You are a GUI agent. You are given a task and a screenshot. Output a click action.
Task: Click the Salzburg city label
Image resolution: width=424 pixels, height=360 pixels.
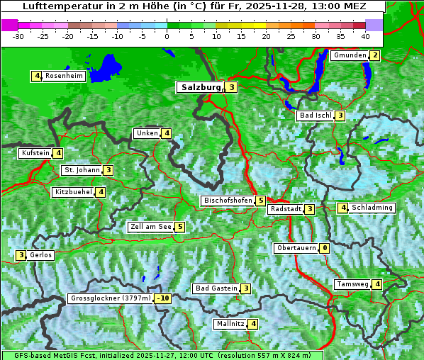(x=201, y=87)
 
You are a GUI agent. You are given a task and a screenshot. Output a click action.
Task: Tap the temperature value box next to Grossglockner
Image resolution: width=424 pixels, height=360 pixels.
(x=163, y=298)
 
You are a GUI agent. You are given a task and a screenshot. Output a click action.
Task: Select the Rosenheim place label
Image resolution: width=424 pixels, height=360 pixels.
(x=64, y=76)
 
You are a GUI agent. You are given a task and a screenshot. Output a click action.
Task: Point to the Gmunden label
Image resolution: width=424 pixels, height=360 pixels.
(x=350, y=55)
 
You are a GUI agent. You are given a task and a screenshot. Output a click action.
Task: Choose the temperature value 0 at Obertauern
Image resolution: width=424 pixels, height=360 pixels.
(x=324, y=248)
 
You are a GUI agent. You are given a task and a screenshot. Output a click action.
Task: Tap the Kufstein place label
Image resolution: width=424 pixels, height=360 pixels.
(x=35, y=152)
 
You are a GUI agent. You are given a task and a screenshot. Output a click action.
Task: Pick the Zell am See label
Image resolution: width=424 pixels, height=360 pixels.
(x=150, y=227)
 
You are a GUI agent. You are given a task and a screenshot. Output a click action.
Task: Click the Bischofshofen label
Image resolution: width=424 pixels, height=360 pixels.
(x=228, y=201)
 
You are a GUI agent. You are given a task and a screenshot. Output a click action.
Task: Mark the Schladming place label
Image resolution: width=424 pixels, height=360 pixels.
(x=372, y=208)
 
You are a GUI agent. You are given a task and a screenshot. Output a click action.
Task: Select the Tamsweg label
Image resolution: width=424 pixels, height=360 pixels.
(x=352, y=284)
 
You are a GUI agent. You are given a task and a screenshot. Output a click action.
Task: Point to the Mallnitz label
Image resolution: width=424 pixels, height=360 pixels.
(x=230, y=324)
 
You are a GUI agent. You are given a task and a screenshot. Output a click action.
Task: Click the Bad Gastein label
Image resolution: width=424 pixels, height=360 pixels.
(x=216, y=288)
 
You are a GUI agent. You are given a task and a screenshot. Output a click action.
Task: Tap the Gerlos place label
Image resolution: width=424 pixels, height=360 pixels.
(x=41, y=255)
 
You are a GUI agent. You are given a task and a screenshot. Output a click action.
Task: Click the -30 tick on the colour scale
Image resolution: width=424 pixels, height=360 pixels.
(x=18, y=35)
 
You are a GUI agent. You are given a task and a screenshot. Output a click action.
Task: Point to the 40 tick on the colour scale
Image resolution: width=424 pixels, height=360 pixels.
(x=365, y=35)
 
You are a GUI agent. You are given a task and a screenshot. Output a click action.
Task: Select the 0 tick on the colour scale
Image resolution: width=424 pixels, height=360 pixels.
(x=167, y=35)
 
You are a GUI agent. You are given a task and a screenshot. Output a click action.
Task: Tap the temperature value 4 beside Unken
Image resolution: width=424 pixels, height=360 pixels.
(x=166, y=133)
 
